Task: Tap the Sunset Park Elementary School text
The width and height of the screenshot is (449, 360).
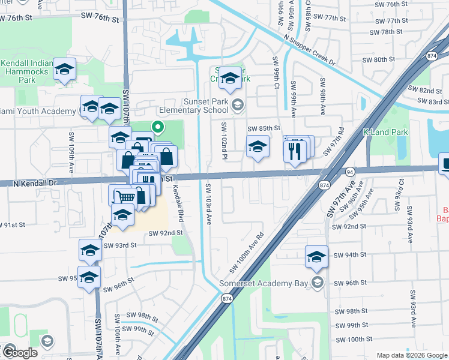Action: pos(193,106)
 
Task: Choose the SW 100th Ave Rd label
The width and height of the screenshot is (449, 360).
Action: pos(246,252)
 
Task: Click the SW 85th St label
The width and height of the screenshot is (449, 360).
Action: pos(264,128)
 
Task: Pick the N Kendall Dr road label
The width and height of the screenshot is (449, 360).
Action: pos(35,182)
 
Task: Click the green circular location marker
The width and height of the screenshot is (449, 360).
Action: pos(158,127)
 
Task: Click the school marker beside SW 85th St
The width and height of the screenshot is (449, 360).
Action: pos(257,146)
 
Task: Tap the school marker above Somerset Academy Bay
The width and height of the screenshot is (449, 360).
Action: pos(316,256)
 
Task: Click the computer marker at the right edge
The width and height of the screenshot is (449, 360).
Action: pos(445,164)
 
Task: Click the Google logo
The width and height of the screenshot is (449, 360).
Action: pos(19,353)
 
